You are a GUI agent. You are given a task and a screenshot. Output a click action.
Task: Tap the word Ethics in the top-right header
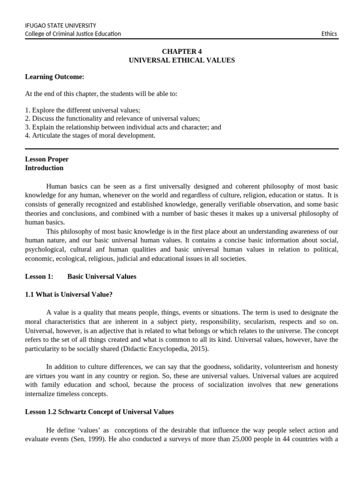point(329,34)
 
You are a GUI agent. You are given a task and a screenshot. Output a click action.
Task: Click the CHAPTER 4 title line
point(182,52)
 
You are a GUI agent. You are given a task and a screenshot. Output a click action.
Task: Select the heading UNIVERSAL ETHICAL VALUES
point(182,60)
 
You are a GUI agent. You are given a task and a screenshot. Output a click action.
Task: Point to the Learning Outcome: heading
point(54,77)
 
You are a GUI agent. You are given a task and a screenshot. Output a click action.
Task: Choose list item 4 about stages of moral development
point(90,135)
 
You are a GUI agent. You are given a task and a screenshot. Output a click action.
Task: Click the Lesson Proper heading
point(47,159)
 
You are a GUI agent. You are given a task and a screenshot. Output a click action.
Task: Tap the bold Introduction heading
point(44,168)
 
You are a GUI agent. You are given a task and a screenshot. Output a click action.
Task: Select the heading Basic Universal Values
point(102,277)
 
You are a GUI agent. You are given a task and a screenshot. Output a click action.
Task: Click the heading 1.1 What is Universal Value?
point(68,294)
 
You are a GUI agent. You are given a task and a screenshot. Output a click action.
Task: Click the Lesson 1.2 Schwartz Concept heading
point(99,412)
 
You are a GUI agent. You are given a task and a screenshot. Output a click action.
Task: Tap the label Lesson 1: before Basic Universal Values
point(39,277)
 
